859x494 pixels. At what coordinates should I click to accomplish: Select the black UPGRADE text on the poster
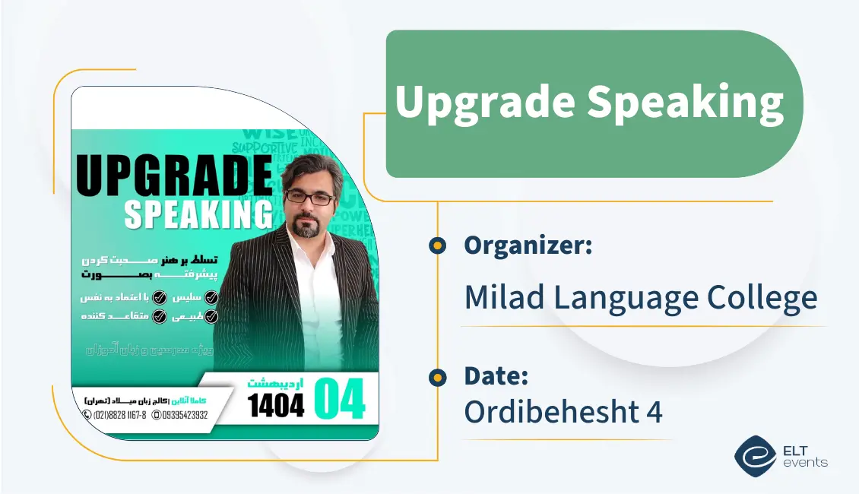tap(174, 177)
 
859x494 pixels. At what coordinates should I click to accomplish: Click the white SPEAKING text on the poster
tap(198, 214)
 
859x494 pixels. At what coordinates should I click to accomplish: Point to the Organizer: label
tap(528, 245)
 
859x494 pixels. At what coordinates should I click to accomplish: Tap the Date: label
tap(496, 376)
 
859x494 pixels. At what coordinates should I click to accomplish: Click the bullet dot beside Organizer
tap(437, 245)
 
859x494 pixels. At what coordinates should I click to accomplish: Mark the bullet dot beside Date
tap(437, 376)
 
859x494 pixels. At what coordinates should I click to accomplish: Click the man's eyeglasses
tap(309, 198)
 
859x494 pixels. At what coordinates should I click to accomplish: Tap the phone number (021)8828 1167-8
tap(115, 415)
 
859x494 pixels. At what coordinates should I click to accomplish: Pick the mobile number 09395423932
tap(180, 415)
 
